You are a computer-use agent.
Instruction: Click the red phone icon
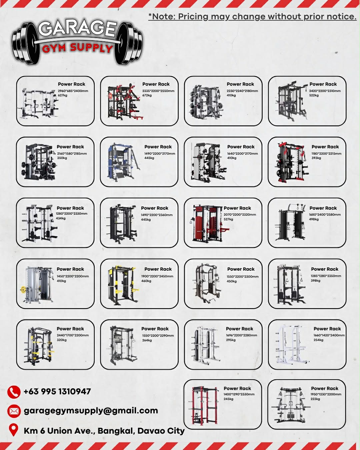point(14,392)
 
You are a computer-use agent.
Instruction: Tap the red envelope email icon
point(14,411)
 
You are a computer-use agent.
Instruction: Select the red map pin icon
point(13,430)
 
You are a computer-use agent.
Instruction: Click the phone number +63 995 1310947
point(57,391)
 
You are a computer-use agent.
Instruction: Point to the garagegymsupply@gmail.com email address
point(91,411)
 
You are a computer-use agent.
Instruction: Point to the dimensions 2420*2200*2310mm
point(325,91)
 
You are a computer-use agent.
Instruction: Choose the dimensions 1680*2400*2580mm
point(325,215)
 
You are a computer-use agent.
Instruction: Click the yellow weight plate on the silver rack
point(23,290)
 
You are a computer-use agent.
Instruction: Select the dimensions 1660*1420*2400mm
point(329,335)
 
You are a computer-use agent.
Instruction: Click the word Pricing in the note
point(193,17)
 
